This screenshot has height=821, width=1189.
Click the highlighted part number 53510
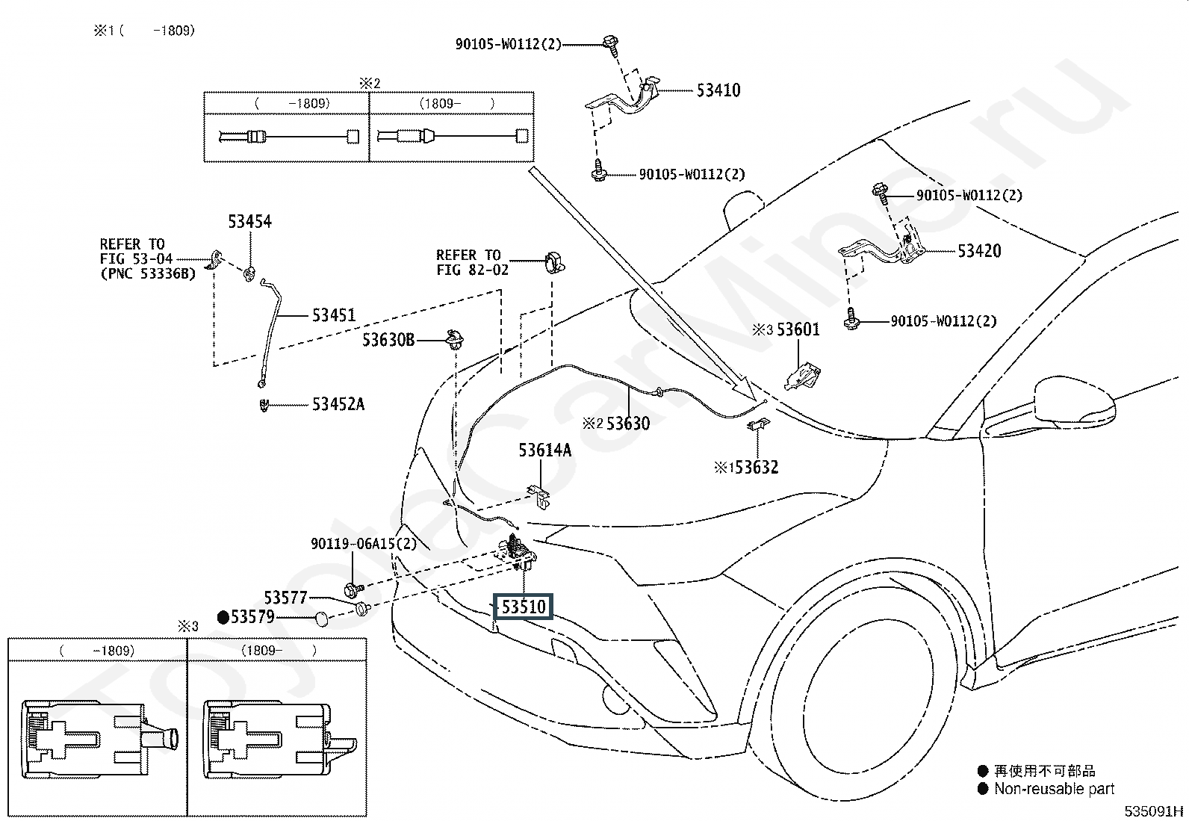pyautogui.click(x=524, y=607)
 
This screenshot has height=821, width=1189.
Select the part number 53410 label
pyautogui.click(x=718, y=90)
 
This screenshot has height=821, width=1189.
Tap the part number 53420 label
pyautogui.click(x=979, y=251)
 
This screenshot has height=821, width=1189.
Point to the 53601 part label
pyautogui.click(x=798, y=329)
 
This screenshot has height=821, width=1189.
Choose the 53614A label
pyautogui.click(x=544, y=450)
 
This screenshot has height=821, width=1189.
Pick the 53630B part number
pyautogui.click(x=388, y=340)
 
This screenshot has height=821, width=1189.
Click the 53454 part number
pyautogui.click(x=249, y=221)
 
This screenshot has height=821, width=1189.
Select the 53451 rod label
pyautogui.click(x=334, y=315)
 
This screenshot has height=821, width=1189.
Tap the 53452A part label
pyautogui.click(x=338, y=404)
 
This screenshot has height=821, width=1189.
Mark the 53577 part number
pyautogui.click(x=286, y=598)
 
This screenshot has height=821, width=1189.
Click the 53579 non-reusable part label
pyautogui.click(x=252, y=617)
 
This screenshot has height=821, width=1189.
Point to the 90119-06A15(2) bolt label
pyautogui.click(x=364, y=544)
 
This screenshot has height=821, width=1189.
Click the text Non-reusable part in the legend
pyautogui.click(x=1054, y=789)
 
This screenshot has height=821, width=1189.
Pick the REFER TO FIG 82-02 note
pyautogui.click(x=472, y=262)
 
